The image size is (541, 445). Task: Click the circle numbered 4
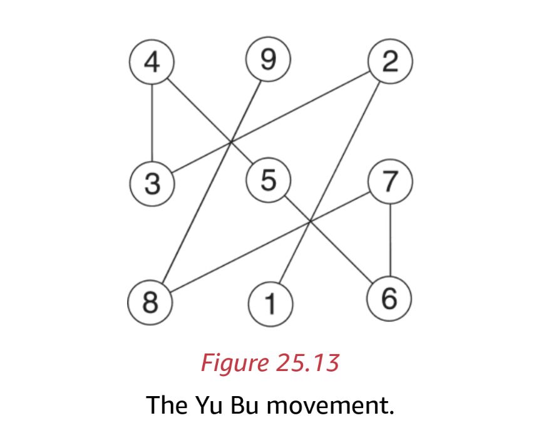click(x=151, y=63)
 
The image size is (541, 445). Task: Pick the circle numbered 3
click(x=151, y=184)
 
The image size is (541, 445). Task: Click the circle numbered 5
click(x=268, y=181)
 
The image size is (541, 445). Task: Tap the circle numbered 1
click(x=269, y=305)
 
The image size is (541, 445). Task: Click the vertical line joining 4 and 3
click(x=151, y=123)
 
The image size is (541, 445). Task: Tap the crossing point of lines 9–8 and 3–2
click(x=231, y=142)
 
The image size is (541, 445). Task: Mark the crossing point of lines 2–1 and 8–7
click(x=311, y=221)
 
